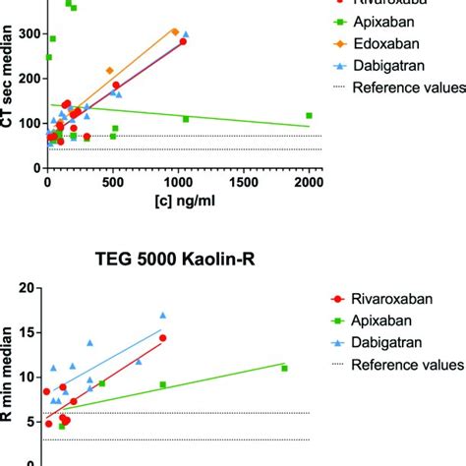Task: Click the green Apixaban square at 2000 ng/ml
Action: (309, 115)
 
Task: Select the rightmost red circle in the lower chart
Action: (163, 338)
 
